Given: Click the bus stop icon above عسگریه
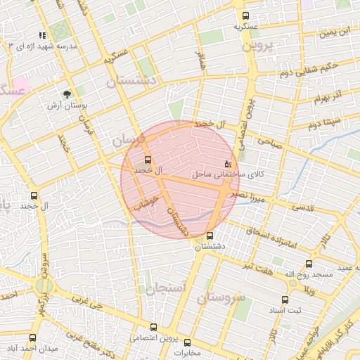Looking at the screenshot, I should (x=245, y=15).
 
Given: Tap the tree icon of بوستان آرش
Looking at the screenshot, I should (x=67, y=94).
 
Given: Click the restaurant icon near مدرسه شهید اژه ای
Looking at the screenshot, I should (x=43, y=35).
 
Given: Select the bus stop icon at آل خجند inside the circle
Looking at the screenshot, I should (x=148, y=159).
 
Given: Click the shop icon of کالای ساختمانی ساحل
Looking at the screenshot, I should (x=227, y=163).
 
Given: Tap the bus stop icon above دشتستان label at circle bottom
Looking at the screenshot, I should (x=210, y=236).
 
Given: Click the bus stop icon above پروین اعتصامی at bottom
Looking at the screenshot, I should (x=153, y=327).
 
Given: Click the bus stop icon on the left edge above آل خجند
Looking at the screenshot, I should (x=34, y=196).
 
